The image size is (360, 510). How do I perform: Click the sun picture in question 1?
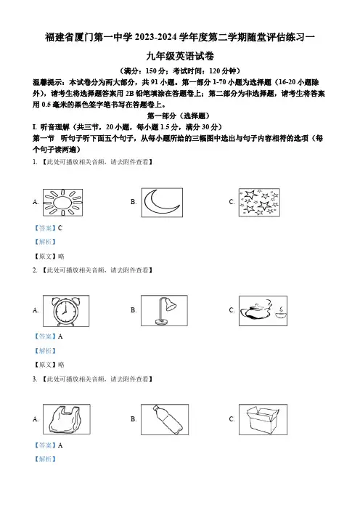coord(62,202)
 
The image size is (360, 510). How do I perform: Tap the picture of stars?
coord(259,202)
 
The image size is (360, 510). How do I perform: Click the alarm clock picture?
coord(66,311)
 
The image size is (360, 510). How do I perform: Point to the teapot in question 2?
coord(255,311)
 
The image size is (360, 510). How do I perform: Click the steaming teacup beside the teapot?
coord(280,312)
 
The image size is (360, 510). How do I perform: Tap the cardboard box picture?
coord(263,419)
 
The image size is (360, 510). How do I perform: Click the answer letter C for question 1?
coord(60,228)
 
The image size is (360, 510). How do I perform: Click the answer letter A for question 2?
coord(60,336)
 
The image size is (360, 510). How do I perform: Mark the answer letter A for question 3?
coord(60,445)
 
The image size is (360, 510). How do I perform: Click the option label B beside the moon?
coord(134,202)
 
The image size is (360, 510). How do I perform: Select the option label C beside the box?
coord(232,419)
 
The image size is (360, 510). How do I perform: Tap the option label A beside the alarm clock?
coord(36,310)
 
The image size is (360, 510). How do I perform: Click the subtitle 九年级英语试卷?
coord(180,56)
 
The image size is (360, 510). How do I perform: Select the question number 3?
coord(34,379)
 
